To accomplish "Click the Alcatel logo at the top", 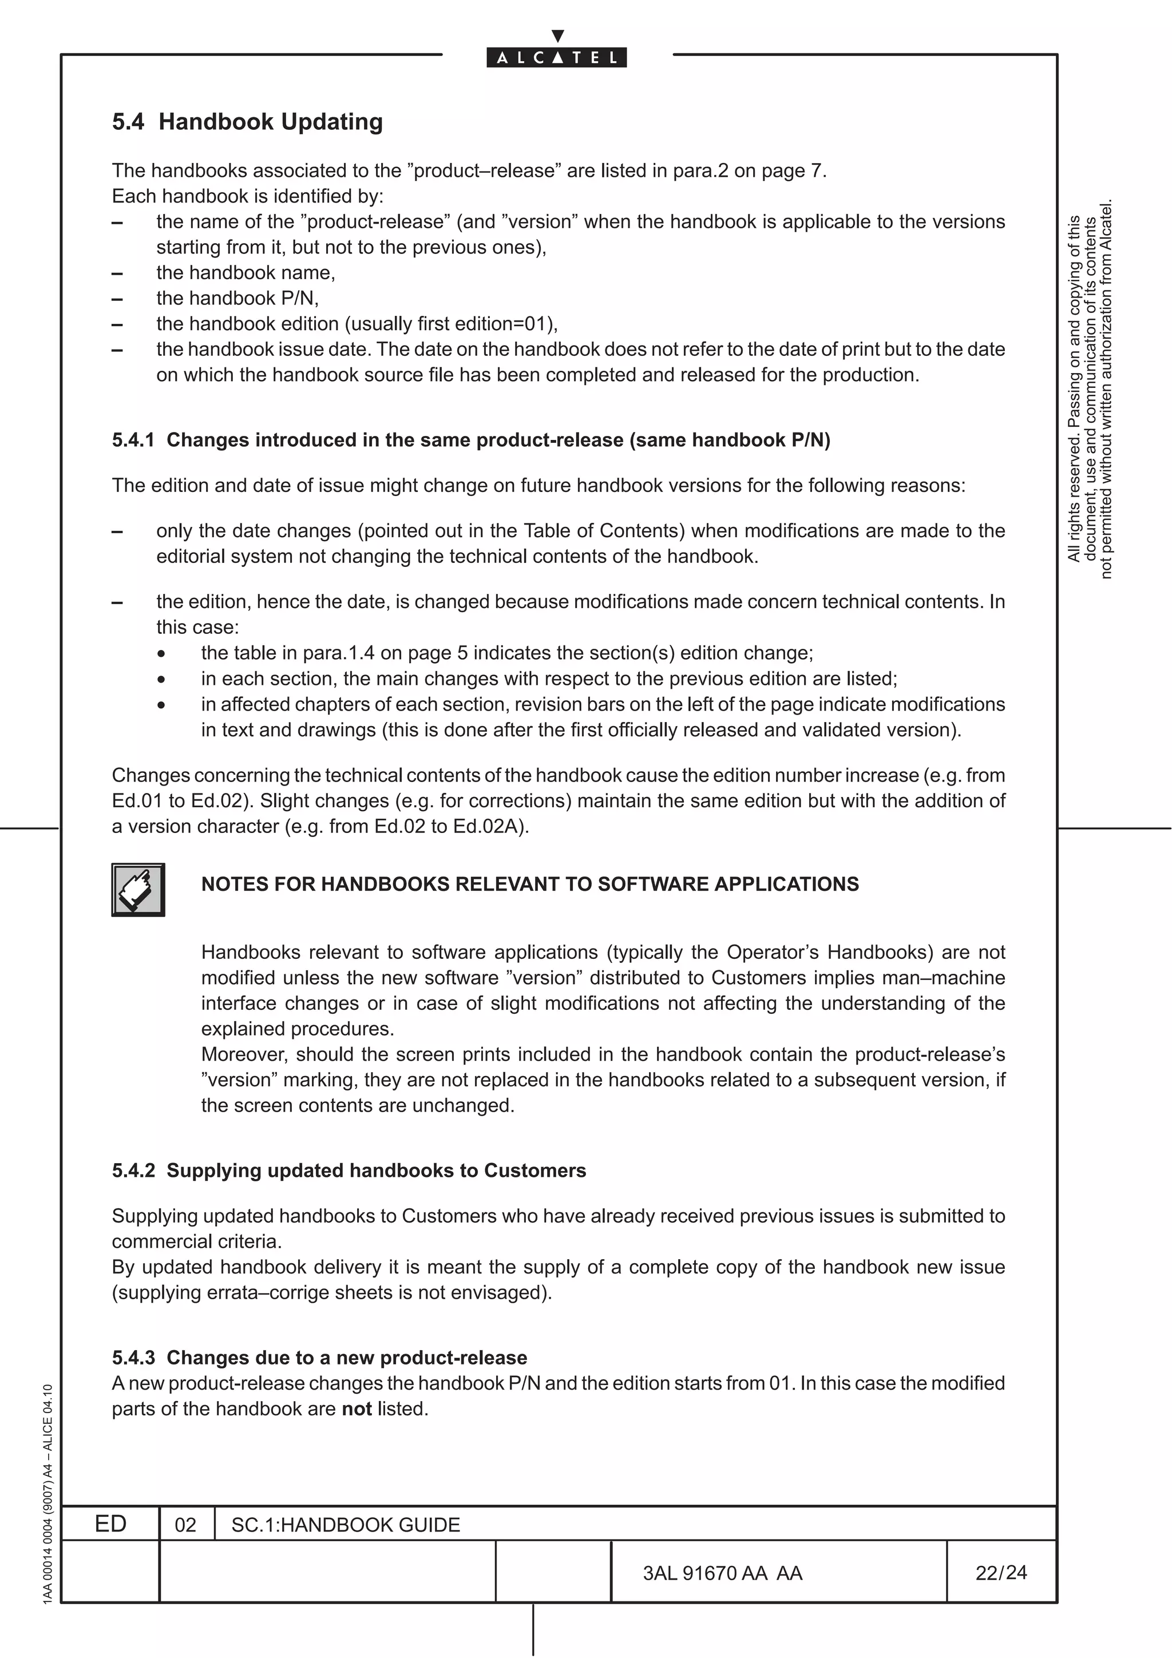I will [557, 56].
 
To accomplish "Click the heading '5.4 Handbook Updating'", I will [247, 121].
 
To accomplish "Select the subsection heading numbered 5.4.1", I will [471, 440].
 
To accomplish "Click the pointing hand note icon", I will [138, 890].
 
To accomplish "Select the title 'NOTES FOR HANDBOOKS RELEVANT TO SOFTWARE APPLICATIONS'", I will [529, 884].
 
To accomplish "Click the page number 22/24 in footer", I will [1000, 1572].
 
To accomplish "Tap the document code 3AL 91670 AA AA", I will [722, 1573].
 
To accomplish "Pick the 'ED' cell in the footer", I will [110, 1524].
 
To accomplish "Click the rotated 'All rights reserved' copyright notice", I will [1090, 390].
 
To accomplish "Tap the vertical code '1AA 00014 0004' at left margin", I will [47, 1495].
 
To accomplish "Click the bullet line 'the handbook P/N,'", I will [237, 298].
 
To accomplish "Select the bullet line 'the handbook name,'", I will [246, 272].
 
